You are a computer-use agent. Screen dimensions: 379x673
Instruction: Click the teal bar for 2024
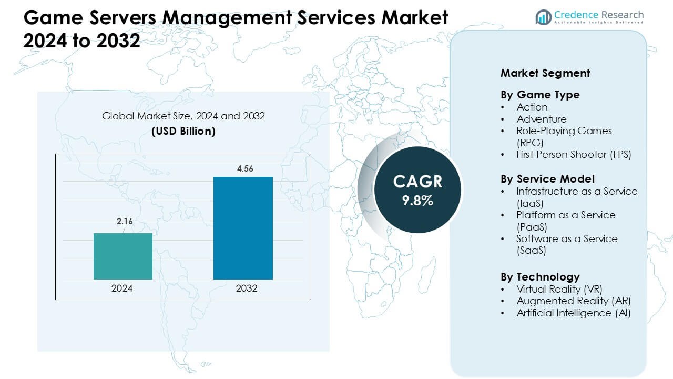[123, 256]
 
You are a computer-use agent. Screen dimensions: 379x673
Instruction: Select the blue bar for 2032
[243, 228]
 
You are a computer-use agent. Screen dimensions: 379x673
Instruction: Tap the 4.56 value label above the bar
[243, 168]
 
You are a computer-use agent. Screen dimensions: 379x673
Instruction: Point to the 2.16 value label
[125, 222]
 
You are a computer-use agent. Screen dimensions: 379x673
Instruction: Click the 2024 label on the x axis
[122, 288]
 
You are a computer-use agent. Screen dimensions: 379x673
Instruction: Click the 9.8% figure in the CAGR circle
[417, 201]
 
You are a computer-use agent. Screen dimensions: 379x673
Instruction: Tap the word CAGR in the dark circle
[417, 182]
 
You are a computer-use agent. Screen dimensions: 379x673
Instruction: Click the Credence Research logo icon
[543, 17]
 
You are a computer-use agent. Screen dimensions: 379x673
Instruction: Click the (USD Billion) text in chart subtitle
[183, 131]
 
